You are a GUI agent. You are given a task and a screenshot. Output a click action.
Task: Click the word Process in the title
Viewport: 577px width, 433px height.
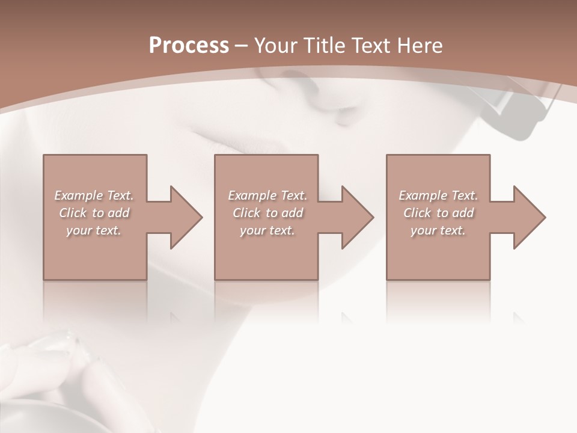coord(189,46)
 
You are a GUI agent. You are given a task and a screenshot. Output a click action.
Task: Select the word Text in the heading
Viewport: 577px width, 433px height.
coord(371,46)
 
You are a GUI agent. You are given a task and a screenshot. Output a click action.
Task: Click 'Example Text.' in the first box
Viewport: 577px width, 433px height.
coord(94,195)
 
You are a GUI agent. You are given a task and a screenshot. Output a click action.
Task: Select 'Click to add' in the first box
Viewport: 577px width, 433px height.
coord(94,213)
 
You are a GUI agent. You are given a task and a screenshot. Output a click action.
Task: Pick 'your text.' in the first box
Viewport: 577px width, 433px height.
coord(94,230)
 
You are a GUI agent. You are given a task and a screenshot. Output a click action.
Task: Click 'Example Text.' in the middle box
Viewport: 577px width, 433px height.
coord(267,195)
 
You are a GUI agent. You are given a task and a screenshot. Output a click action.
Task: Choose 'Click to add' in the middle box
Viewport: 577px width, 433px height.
coord(267,213)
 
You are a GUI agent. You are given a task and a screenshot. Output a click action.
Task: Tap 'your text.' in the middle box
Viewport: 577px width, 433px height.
coord(267,230)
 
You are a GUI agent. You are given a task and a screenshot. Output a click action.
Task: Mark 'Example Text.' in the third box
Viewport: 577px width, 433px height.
coord(438,195)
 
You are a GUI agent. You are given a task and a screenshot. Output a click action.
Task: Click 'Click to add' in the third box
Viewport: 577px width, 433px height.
coord(438,213)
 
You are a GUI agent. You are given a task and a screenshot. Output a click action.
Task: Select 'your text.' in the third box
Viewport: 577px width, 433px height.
coord(438,230)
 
